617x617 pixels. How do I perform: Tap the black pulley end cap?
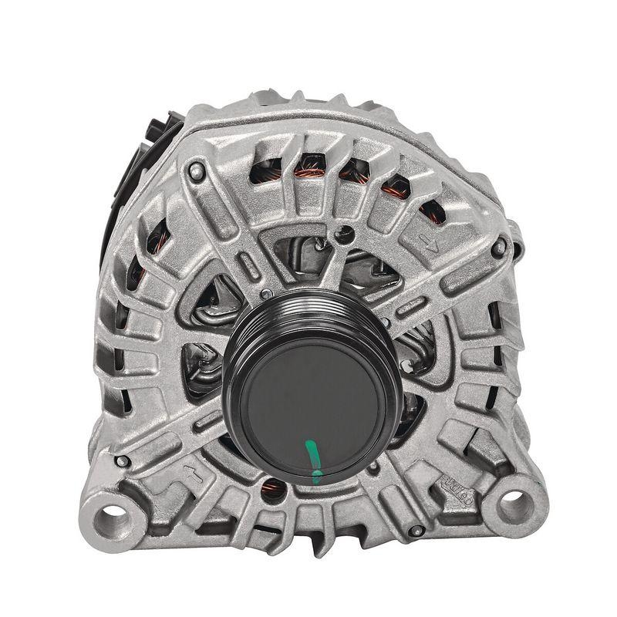[x=308, y=408]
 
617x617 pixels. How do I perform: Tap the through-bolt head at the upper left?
[x=196, y=169]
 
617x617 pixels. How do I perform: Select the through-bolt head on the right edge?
[x=500, y=247]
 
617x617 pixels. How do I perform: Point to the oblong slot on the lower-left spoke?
[x=208, y=420]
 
